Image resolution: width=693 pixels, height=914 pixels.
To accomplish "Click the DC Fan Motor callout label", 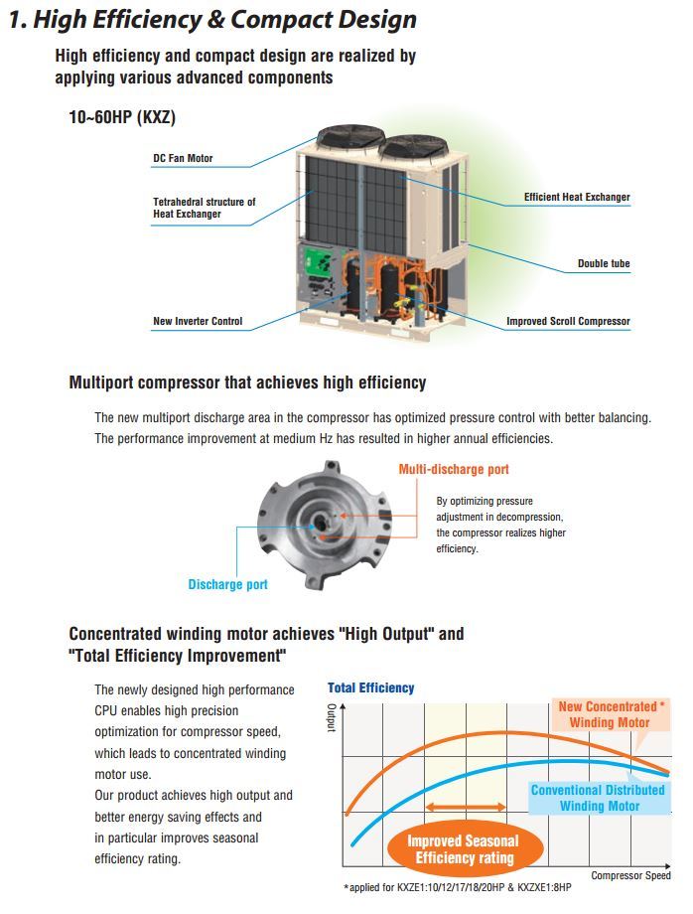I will click(x=183, y=159).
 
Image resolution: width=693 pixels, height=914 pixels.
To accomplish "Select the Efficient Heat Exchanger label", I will click(x=577, y=198).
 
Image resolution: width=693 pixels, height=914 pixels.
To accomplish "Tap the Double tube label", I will click(x=604, y=264).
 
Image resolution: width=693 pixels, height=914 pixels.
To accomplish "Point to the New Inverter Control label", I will click(x=198, y=322).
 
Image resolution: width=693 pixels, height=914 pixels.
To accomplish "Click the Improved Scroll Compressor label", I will click(x=568, y=322).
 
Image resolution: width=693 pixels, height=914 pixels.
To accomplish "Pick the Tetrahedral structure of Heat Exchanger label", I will click(x=204, y=208).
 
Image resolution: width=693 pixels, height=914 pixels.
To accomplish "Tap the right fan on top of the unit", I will click(x=412, y=147).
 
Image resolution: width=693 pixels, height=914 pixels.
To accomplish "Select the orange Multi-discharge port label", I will click(x=454, y=469).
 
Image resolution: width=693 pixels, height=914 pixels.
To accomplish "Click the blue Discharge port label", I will click(x=227, y=584).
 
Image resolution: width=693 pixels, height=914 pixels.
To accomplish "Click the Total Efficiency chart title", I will click(x=370, y=687).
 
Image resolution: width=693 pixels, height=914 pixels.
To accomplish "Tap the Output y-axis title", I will click(x=332, y=718).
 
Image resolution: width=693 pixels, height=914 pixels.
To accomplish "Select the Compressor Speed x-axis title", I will click(x=630, y=875).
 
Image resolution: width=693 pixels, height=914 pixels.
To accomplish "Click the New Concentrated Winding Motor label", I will click(x=609, y=714).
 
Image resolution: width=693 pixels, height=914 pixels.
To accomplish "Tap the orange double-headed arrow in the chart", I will click(x=467, y=808).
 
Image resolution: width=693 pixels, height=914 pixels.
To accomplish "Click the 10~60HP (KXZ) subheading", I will click(x=123, y=117).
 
